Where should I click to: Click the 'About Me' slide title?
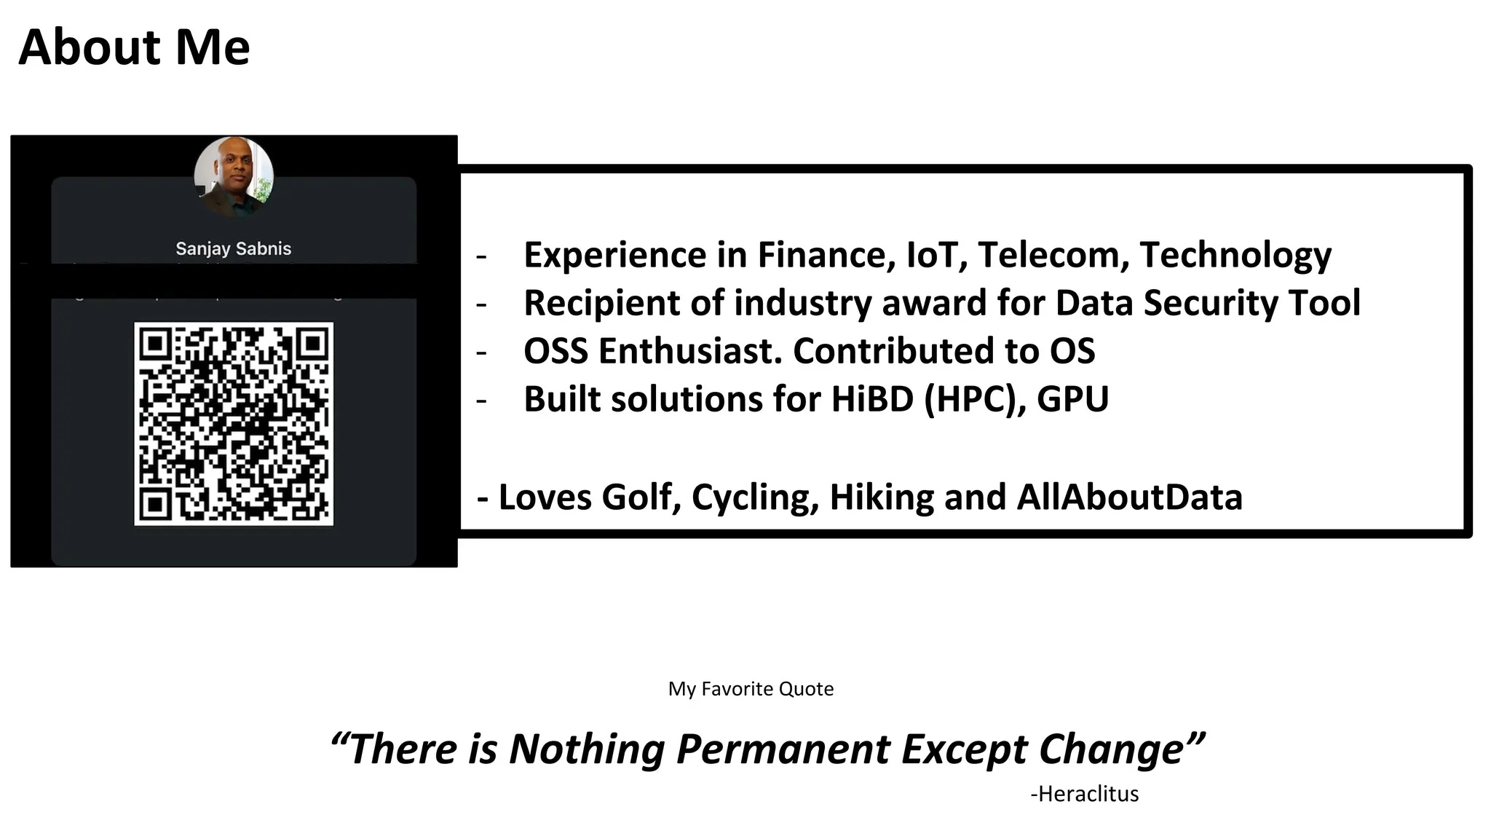pos(134,47)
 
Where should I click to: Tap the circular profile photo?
pos(234,176)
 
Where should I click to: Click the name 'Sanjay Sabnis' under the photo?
pos(233,248)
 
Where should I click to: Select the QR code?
pos(234,423)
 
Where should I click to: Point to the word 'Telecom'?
pos(1053,255)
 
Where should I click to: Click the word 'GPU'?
pos(1072,399)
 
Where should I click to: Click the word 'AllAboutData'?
pos(1129,497)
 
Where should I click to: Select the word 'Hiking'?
pos(882,497)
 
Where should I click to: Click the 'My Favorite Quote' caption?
pos(751,689)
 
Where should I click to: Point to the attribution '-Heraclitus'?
pos(1084,794)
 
